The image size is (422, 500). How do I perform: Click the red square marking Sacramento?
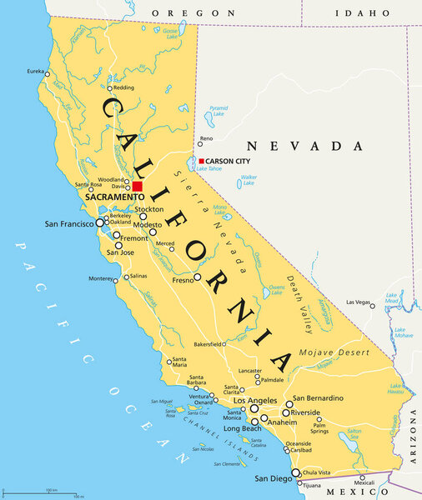(138, 186)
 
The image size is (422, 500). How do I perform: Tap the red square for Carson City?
(201, 161)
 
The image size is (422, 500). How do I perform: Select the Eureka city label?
(36, 71)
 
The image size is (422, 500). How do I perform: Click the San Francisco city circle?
(100, 223)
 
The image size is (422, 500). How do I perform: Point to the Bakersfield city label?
(208, 343)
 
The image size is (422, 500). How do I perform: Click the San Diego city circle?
(294, 472)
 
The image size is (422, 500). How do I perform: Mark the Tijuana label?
(311, 485)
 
